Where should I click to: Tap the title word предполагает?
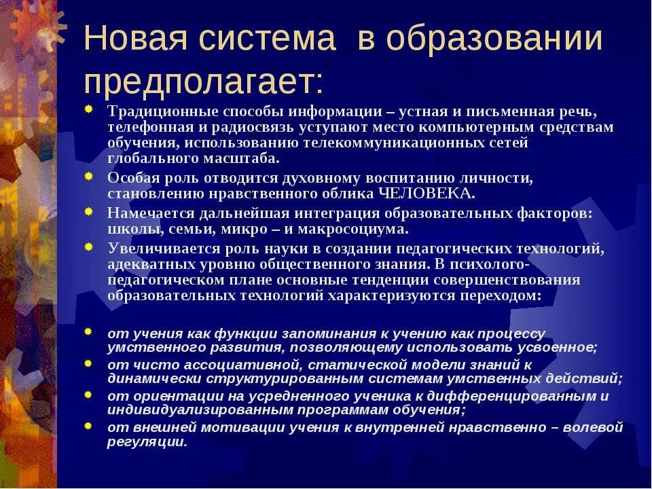click(x=204, y=81)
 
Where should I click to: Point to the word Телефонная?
click(x=143, y=127)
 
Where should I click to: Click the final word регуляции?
click(x=147, y=441)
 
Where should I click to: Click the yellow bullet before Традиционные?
click(x=89, y=109)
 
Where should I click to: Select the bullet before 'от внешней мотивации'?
click(x=89, y=426)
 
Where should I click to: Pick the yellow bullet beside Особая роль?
click(x=89, y=176)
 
